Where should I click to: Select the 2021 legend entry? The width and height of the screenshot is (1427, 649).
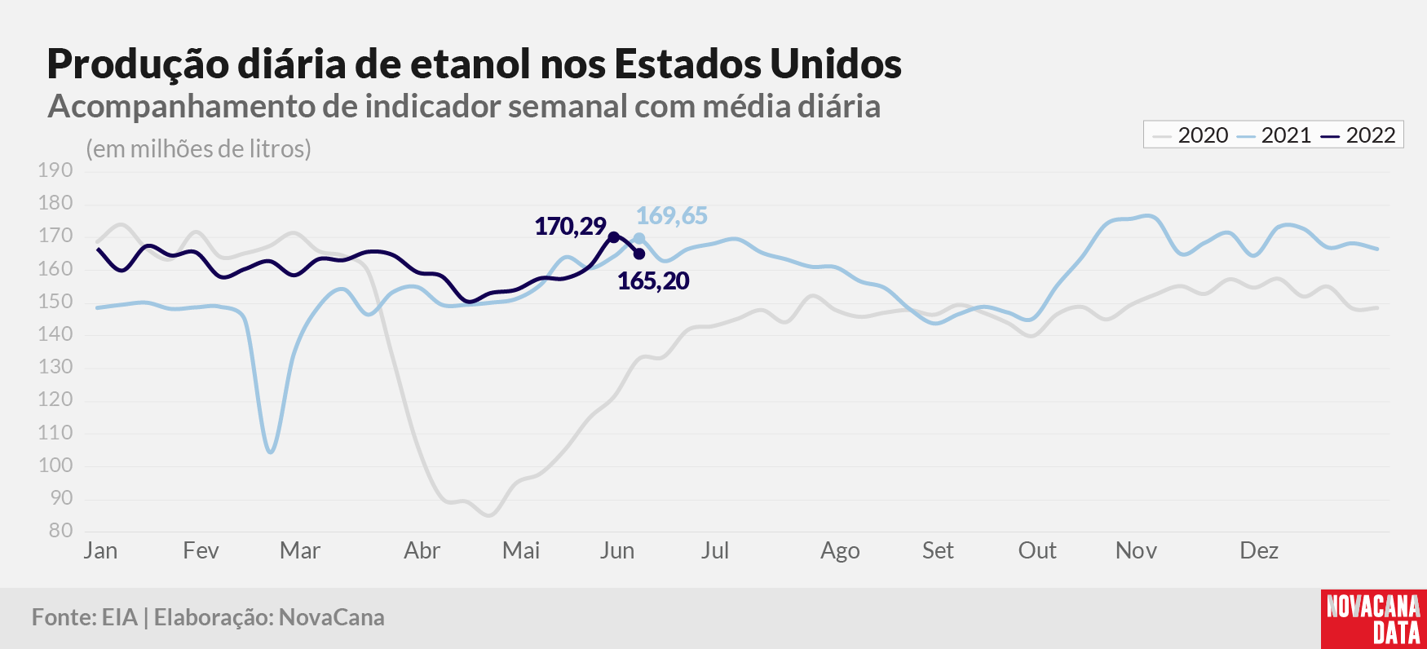tap(1274, 135)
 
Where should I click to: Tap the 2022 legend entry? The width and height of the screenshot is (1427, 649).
tap(1359, 135)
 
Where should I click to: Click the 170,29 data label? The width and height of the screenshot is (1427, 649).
tap(570, 226)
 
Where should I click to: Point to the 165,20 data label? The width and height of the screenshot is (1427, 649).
tap(653, 280)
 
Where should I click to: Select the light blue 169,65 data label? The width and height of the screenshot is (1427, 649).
tap(672, 215)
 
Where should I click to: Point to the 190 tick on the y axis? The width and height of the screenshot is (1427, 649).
tap(55, 170)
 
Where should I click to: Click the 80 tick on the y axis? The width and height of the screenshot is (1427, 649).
tap(61, 531)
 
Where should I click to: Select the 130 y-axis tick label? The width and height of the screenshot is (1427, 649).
tap(55, 367)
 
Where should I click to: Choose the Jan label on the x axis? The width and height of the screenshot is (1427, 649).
tap(100, 550)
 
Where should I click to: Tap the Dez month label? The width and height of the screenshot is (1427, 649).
tap(1259, 550)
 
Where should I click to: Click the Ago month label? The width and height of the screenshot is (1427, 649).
tap(840, 551)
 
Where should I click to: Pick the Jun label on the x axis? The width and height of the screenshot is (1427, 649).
tap(617, 550)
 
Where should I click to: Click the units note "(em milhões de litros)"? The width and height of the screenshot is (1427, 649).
tap(199, 149)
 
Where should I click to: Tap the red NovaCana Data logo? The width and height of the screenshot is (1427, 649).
tap(1374, 619)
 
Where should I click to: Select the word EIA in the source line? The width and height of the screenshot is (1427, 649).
tap(120, 617)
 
